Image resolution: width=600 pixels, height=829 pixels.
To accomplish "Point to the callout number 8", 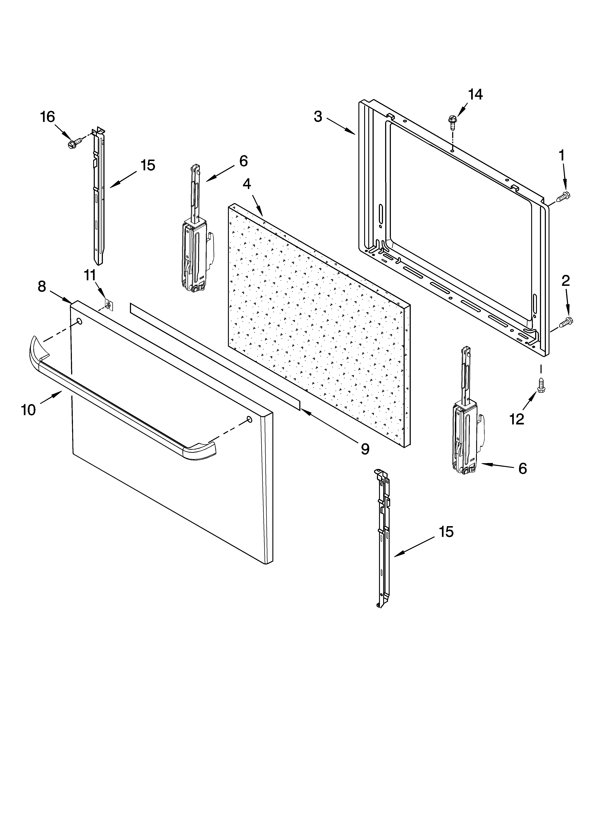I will click(x=42, y=287).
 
